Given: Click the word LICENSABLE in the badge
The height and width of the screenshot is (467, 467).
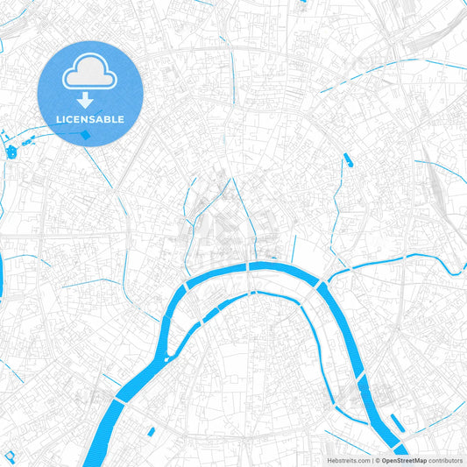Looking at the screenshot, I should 90,118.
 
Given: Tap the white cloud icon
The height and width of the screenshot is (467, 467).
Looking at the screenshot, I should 90,76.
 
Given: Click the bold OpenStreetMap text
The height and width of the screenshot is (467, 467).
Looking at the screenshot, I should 404,460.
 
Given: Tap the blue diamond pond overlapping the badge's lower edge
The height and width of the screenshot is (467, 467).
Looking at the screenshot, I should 85,135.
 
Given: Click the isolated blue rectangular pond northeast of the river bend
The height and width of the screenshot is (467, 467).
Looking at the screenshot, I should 348,160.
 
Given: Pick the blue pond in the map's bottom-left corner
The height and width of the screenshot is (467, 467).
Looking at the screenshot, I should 11,457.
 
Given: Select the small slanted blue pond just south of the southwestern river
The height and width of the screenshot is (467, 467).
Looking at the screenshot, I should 151,432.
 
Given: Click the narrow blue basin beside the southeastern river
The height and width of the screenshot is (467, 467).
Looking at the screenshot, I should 396,423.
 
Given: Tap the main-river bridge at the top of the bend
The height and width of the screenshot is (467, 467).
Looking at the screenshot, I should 250,265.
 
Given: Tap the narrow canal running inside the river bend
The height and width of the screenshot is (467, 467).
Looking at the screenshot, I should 263,296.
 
